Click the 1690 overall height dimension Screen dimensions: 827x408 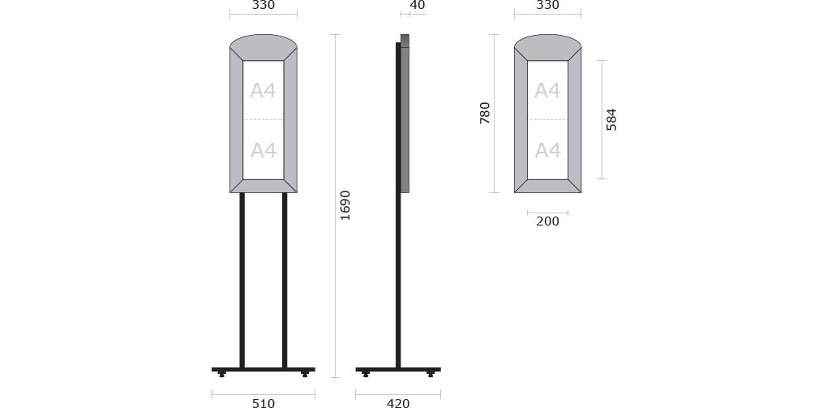point(345,205)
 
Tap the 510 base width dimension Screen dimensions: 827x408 point(264,403)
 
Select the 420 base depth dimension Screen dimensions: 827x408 point(398,403)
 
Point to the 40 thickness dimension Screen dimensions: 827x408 point(418,6)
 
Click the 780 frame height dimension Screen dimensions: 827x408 point(485,113)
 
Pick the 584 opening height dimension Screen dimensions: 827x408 point(611,119)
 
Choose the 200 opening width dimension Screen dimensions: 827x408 point(547,221)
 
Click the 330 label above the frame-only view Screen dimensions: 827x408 point(547,6)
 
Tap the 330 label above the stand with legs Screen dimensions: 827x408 point(264,6)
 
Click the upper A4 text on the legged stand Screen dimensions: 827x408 point(264,91)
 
